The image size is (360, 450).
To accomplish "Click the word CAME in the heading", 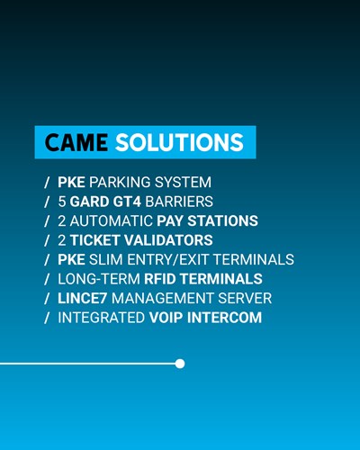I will coord(76,143).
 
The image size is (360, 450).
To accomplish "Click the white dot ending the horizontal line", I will coord(180,364).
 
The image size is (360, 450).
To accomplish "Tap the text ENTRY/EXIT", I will coord(172,259).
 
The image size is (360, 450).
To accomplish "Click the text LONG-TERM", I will coord(97,279).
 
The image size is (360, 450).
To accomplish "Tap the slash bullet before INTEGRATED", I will coord(47,318).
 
